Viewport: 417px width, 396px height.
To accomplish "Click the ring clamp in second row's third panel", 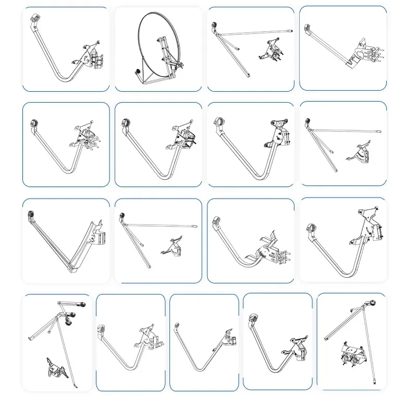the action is point(219,122).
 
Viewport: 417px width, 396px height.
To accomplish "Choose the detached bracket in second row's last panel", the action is point(362,155).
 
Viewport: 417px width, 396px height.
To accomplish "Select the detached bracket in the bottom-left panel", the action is point(55,369).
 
